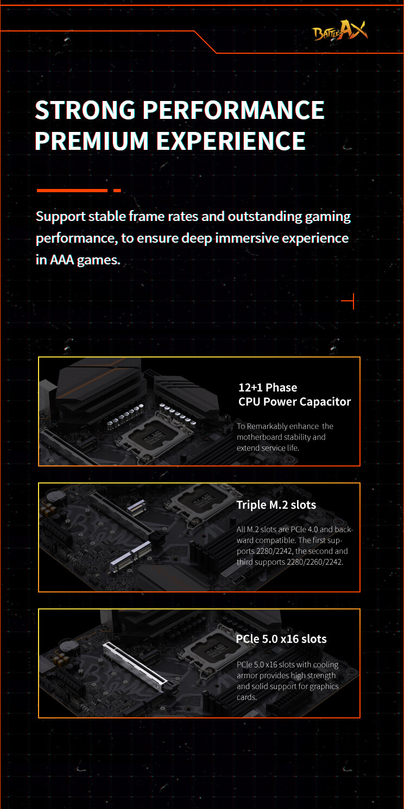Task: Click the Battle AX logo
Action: tap(340, 31)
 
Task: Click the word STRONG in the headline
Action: tap(85, 110)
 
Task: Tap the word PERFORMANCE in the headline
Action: tap(233, 110)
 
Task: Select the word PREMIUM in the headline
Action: tap(92, 141)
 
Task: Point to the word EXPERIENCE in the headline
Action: tap(231, 141)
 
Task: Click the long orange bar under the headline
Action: tap(72, 191)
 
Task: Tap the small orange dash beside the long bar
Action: tap(117, 191)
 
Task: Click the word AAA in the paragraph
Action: tap(62, 260)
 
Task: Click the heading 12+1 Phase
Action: tap(268, 388)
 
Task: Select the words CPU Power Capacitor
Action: tap(294, 402)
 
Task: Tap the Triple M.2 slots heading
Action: tap(276, 504)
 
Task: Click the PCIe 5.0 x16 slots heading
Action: tap(281, 639)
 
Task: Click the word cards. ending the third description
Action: tap(247, 697)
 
